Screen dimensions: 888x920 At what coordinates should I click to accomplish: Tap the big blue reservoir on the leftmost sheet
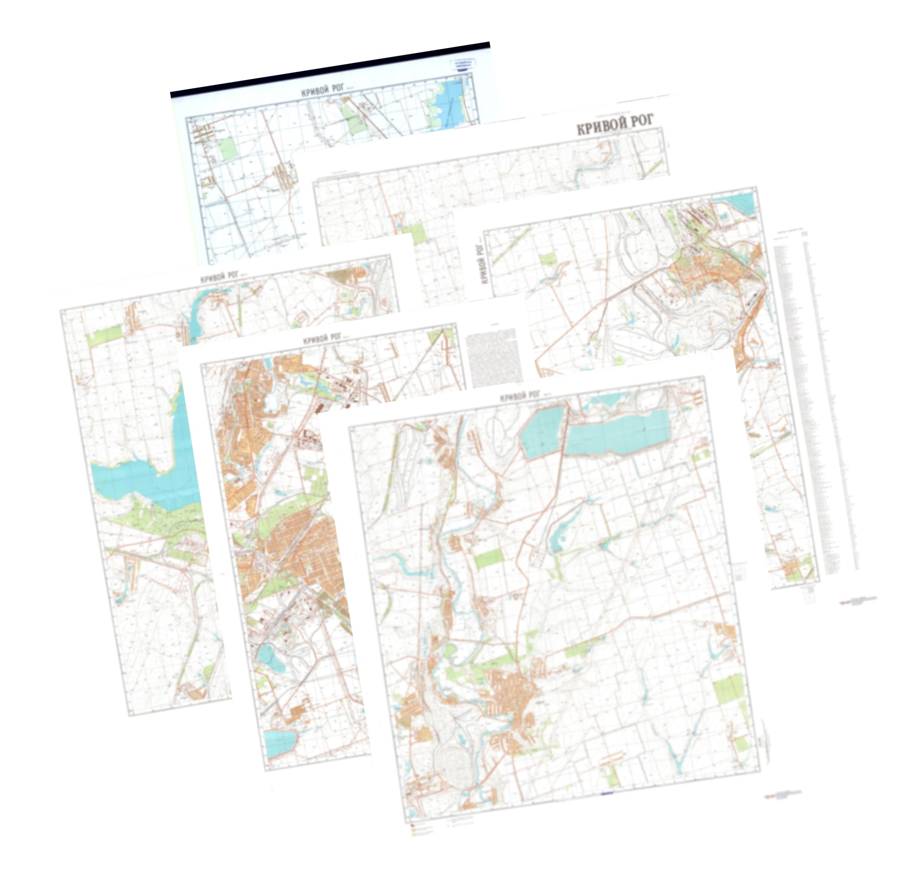(x=142, y=477)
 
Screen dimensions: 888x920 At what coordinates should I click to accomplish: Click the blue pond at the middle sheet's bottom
(x=280, y=743)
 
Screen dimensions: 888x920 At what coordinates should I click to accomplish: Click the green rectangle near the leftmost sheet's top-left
(x=105, y=334)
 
